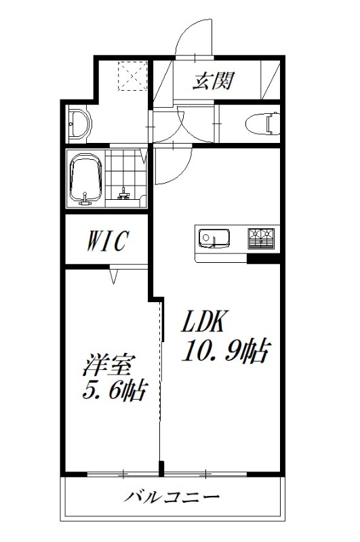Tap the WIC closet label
106,241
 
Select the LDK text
206,320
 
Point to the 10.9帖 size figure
225,351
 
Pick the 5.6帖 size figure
115,391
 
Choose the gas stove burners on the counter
261,238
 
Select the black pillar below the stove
263,258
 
